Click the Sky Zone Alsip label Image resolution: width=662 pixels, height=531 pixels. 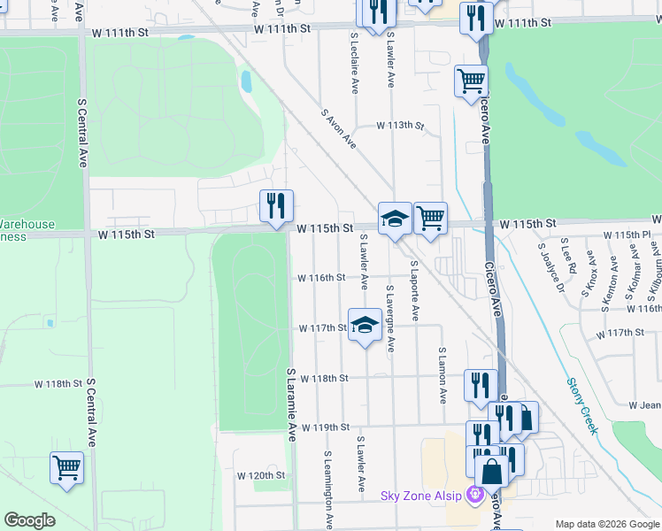click(421, 496)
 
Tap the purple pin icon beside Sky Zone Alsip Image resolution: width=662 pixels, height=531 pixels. click(478, 495)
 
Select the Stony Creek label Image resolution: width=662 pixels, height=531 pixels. click(582, 406)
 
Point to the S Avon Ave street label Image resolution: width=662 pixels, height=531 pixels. click(338, 129)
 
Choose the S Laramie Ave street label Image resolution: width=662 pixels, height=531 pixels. click(291, 404)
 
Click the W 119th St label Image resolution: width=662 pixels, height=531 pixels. click(327, 427)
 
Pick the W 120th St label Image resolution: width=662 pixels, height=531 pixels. click(261, 475)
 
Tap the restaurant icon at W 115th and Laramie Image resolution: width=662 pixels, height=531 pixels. click(276, 206)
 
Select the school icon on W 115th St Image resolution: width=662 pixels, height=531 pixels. click(394, 219)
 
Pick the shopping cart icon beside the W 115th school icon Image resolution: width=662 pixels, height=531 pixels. click(430, 218)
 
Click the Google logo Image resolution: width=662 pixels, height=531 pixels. click(29, 520)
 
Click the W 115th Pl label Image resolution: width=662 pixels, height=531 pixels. click(627, 235)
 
